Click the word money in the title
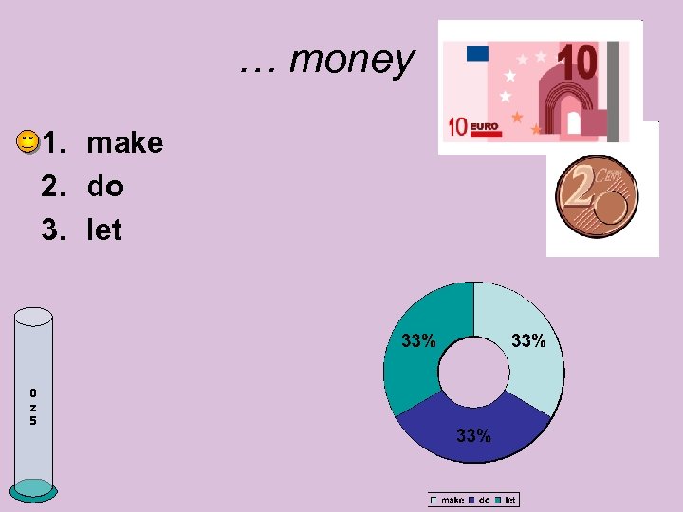coord(351,60)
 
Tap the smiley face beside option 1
coord(28,143)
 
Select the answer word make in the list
coord(124,143)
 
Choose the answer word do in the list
coord(105,187)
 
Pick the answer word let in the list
coord(104,230)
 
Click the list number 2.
coord(52,187)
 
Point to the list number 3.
coord(52,230)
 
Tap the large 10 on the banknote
coord(578,62)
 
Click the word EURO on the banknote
coord(484,126)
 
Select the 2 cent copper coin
coord(596,196)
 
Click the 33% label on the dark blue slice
coord(473,436)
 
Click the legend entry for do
coord(480,500)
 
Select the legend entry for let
coord(506,500)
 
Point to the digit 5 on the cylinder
coord(33,420)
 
